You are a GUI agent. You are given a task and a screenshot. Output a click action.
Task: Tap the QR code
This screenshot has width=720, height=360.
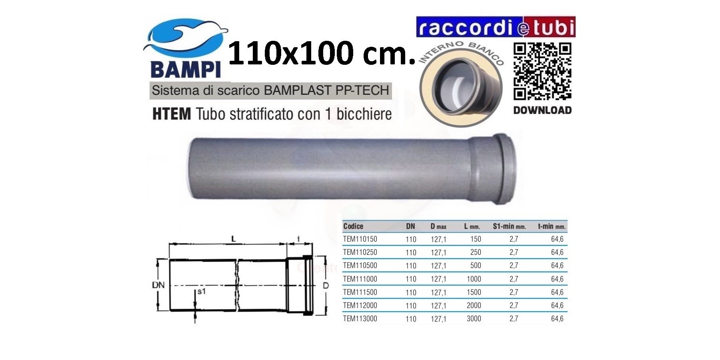(x=542, y=71)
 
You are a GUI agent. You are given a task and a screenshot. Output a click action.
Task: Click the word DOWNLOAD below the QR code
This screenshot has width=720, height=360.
(x=542, y=110)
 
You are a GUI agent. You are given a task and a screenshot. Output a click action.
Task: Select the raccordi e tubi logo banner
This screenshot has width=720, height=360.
(x=496, y=27)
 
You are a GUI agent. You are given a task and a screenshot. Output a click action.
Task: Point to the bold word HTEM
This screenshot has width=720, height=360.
(x=172, y=114)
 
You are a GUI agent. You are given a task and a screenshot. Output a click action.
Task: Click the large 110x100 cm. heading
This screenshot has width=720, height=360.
(x=322, y=52)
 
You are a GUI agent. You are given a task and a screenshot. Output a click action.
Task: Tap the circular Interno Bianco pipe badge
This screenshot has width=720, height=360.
(x=461, y=84)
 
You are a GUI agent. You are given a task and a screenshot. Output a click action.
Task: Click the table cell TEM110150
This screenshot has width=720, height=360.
(x=360, y=239)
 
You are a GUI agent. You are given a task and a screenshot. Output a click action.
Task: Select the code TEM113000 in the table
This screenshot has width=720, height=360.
(x=360, y=319)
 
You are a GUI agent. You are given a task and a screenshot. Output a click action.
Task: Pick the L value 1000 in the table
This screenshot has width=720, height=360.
(x=474, y=279)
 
